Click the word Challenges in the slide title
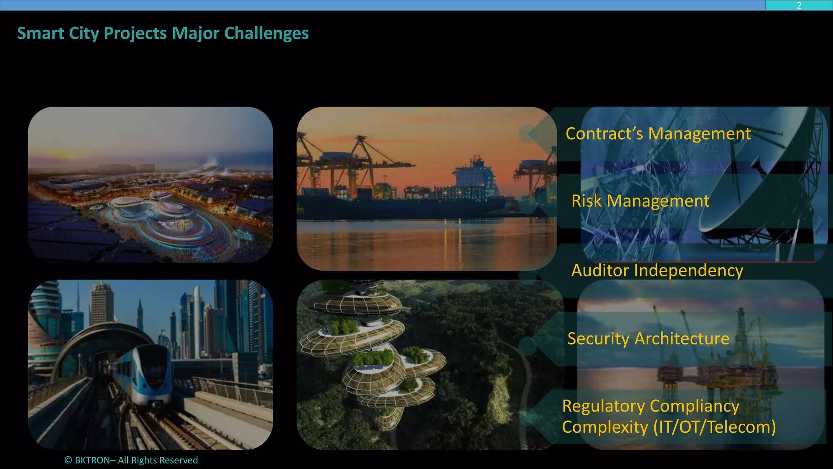pos(266,33)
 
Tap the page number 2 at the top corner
pos(799,5)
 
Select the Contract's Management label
pos(658,134)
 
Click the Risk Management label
pos(640,201)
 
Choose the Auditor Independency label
pos(657,271)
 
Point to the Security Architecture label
pos(648,339)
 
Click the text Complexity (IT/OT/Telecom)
pos(669,427)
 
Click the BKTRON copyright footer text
pos(131,460)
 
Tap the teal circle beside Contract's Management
pos(528,134)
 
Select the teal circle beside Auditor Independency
pos(528,276)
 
